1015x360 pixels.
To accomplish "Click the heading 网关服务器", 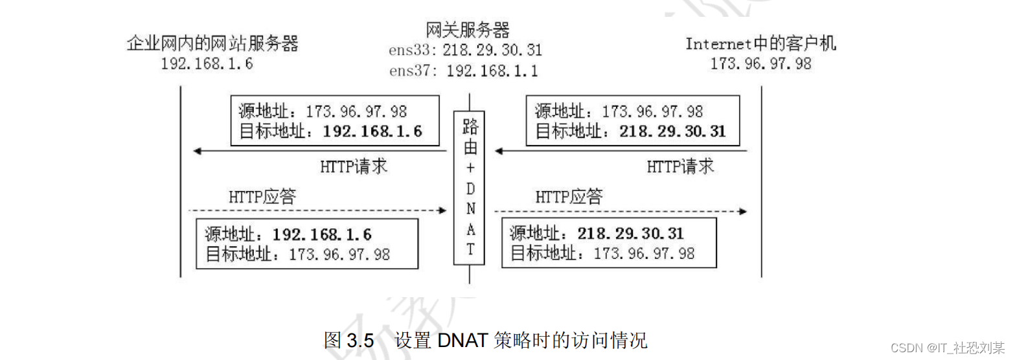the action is coord(468,30).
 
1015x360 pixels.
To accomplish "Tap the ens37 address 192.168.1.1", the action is coord(492,71).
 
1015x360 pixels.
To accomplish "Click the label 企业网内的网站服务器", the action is coord(213,44).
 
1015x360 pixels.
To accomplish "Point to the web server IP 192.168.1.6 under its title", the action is coord(207,64).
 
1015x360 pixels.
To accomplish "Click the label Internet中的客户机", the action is coord(761,44).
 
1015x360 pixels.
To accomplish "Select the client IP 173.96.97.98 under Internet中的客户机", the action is coord(761,64).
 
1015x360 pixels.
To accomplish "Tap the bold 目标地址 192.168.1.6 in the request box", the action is coord(372,131).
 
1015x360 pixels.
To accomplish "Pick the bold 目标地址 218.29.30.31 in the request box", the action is coord(672,131).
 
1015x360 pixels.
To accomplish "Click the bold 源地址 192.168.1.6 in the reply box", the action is coord(322,234).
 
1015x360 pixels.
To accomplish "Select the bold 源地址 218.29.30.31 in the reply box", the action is coord(631,234).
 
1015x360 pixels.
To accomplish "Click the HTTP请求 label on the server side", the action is coord(354,166).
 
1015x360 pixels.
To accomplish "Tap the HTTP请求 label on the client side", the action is coord(680,166).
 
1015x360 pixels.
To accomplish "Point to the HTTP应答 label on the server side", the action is coord(262,196).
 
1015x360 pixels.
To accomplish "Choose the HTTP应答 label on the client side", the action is coord(569,196).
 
